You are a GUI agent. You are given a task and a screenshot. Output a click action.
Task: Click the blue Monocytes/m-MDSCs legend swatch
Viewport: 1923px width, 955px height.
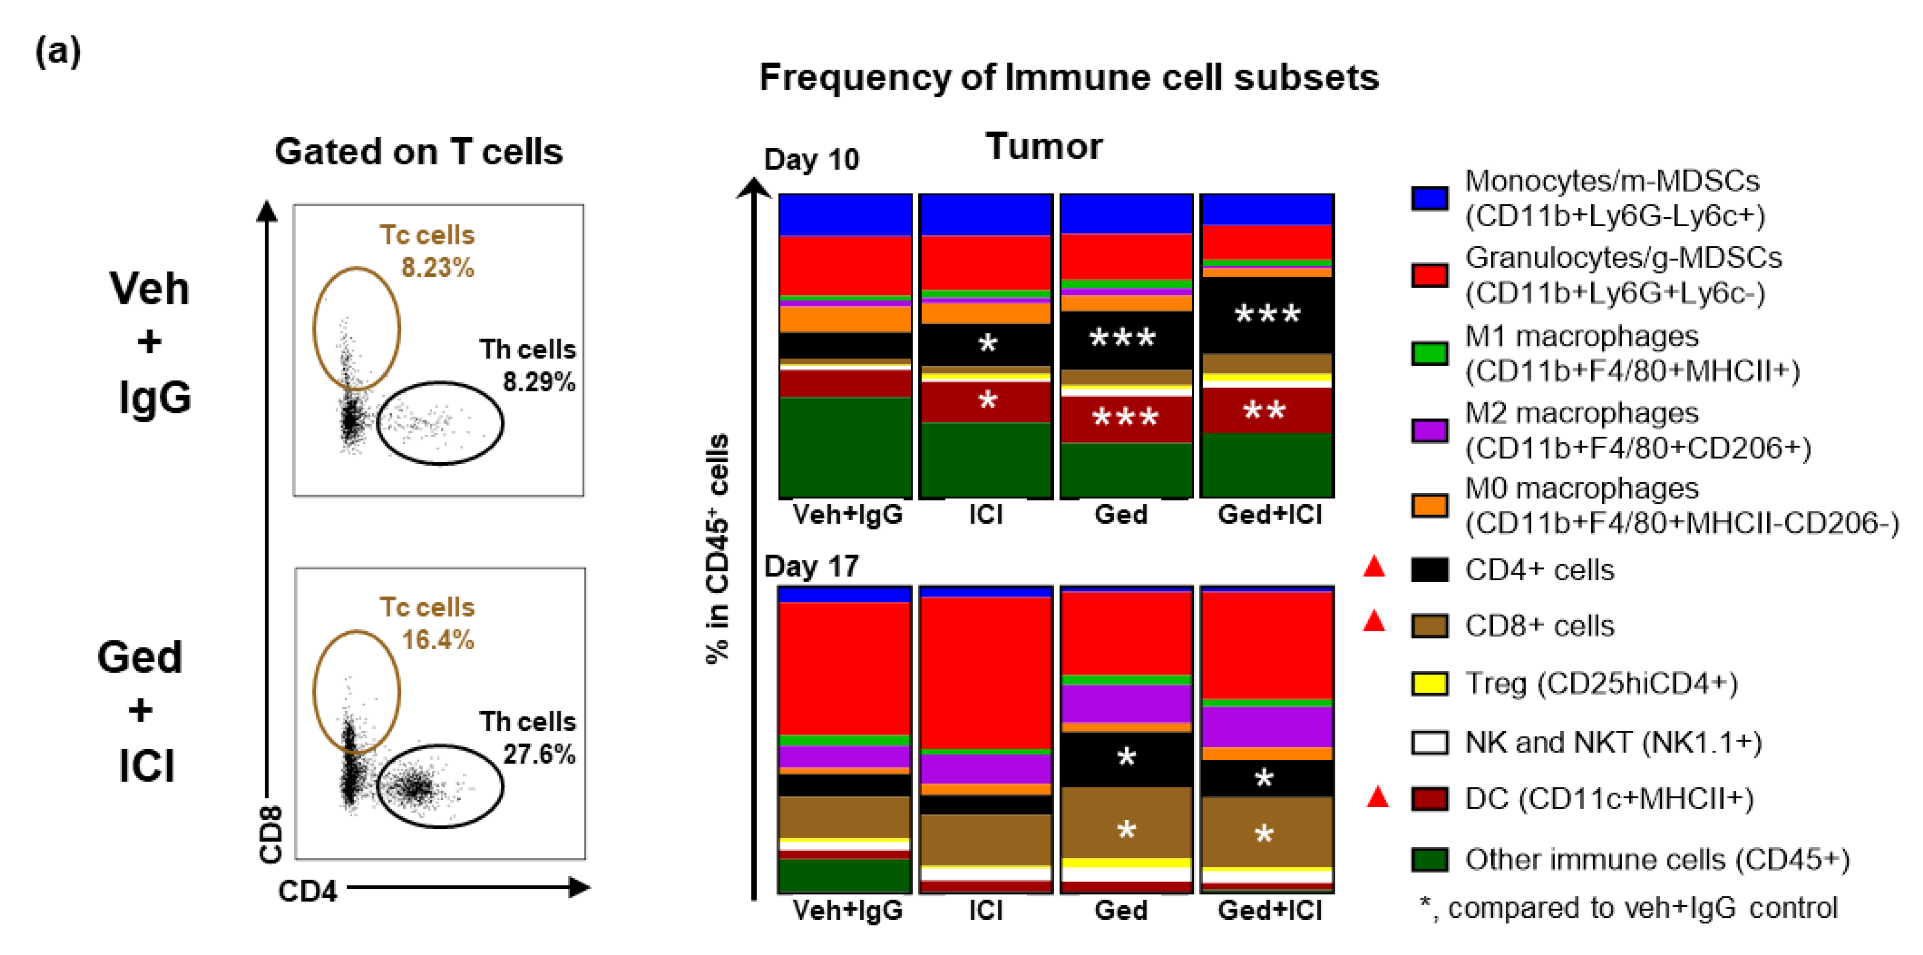click(x=1429, y=198)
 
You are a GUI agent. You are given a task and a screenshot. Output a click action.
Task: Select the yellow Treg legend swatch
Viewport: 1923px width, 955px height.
click(x=1429, y=683)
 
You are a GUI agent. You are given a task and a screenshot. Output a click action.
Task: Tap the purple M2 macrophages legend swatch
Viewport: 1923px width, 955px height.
click(x=1429, y=430)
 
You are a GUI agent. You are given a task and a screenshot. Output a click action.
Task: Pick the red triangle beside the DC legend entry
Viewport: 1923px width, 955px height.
click(x=1377, y=798)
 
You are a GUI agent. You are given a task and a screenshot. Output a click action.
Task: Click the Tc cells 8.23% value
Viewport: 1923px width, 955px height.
click(x=438, y=267)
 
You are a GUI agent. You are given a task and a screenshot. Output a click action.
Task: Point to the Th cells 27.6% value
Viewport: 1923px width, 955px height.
click(x=539, y=754)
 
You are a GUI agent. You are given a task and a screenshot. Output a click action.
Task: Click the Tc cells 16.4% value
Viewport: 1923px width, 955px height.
click(x=438, y=640)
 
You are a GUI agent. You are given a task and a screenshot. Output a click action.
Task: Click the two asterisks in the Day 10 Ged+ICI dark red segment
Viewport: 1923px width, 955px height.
click(x=1265, y=410)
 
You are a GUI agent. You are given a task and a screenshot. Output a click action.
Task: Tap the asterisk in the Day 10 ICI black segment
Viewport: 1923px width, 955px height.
click(x=988, y=344)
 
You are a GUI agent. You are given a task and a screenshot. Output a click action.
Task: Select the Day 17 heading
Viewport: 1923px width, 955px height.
click(x=811, y=566)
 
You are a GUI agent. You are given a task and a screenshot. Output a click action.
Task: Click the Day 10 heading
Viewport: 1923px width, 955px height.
click(x=811, y=159)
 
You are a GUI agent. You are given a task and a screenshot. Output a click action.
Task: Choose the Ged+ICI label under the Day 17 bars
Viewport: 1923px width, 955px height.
click(x=1270, y=910)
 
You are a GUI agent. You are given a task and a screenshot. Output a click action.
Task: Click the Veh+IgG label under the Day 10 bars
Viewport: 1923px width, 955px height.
click(x=847, y=514)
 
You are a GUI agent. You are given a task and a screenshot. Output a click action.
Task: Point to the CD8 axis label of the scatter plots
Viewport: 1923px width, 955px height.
click(x=270, y=834)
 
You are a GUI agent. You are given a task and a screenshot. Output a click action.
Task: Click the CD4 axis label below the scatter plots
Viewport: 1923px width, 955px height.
click(x=308, y=891)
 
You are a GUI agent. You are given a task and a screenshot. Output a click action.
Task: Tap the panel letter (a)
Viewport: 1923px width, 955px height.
click(x=58, y=52)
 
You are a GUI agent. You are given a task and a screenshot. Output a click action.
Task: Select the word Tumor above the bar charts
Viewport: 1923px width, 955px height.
click(x=1044, y=146)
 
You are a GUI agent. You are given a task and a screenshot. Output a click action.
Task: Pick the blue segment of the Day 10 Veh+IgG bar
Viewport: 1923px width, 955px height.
click(x=845, y=214)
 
